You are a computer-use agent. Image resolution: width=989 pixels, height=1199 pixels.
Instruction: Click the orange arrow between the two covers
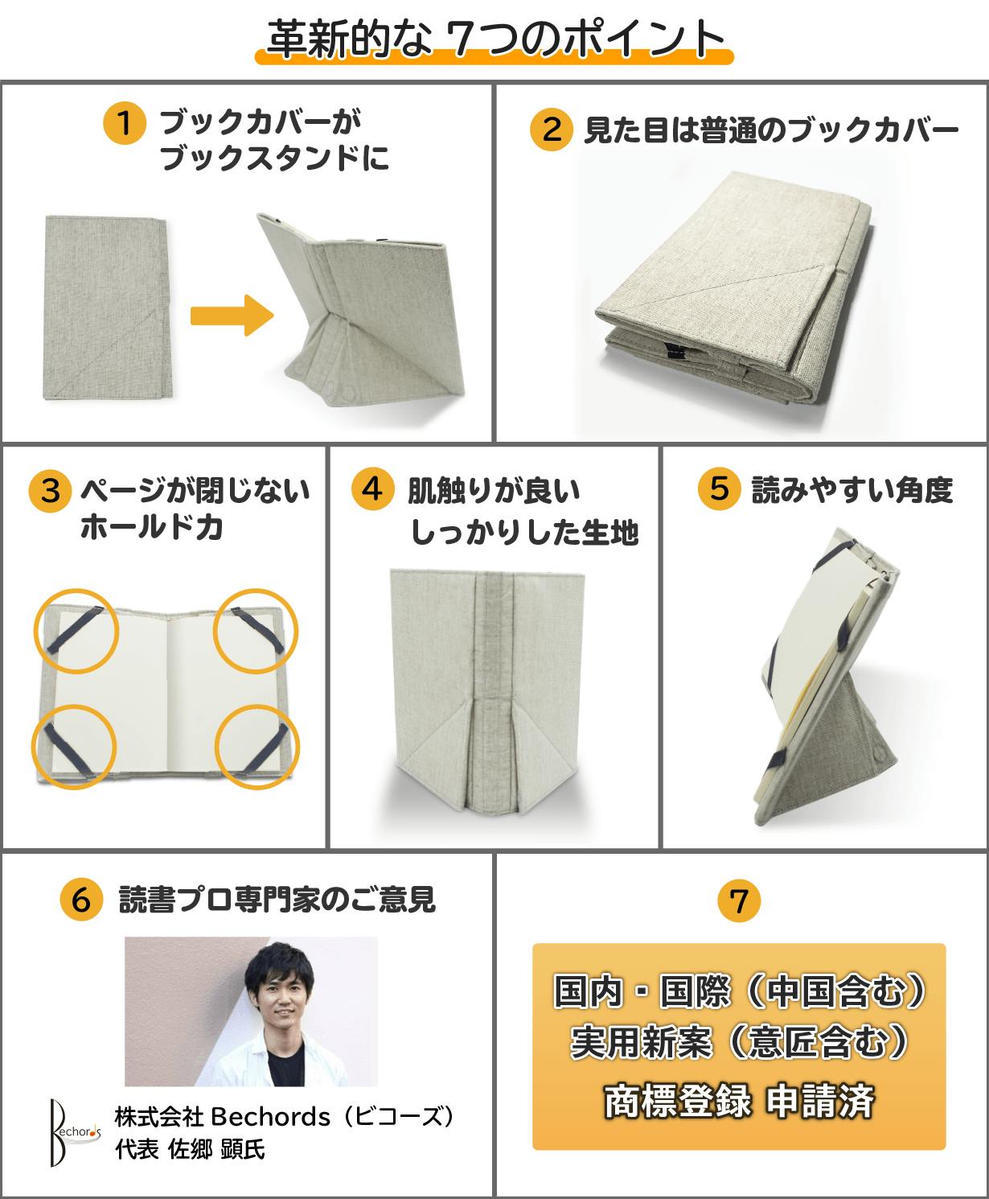pos(232,315)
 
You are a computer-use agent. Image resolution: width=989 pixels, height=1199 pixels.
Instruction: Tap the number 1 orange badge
pos(125,123)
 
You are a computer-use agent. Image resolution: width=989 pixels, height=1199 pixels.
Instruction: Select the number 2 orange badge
pos(552,130)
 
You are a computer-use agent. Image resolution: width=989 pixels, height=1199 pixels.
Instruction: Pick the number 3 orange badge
pos(51,491)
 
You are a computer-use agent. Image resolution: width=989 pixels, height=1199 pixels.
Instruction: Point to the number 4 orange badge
pos(373,489)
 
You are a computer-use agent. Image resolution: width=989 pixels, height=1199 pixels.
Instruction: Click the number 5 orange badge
pos(720,488)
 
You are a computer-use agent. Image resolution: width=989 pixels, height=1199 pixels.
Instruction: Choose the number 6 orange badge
pos(81,900)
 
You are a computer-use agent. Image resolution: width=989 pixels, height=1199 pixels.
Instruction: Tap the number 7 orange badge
pos(739,900)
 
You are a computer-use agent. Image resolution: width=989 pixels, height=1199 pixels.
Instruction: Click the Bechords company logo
pos(74,1132)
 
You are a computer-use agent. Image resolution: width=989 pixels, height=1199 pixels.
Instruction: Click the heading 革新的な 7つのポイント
pos(495,39)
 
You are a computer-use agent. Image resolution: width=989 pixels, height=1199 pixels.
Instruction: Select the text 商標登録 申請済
pos(739,1101)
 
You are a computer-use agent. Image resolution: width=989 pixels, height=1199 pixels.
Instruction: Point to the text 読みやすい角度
pos(852,490)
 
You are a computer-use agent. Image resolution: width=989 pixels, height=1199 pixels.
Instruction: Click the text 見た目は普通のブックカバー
pos(771,130)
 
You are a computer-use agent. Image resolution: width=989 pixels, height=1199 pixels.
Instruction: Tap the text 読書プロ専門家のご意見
pos(277,900)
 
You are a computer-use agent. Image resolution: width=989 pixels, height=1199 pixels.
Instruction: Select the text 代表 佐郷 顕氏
pos(190,1150)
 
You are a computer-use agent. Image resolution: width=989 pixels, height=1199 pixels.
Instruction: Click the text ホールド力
pos(151,527)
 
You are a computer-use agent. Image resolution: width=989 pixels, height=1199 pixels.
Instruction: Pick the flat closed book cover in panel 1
pos(108,307)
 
